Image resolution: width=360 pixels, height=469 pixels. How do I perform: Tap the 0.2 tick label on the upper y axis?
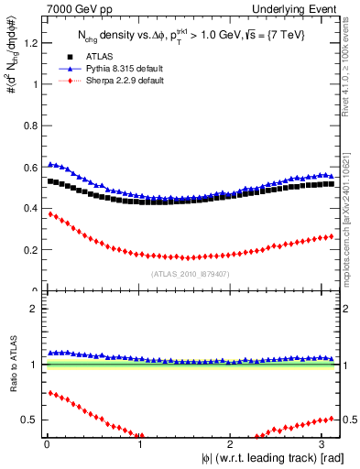pyautogui.click(x=28, y=249)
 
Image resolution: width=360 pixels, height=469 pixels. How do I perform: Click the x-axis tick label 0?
pyautogui.click(x=46, y=446)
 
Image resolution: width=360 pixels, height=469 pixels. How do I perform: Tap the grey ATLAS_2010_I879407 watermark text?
pyautogui.click(x=190, y=274)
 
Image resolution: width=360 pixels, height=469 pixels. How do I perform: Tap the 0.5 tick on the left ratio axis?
pyautogui.click(x=28, y=420)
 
